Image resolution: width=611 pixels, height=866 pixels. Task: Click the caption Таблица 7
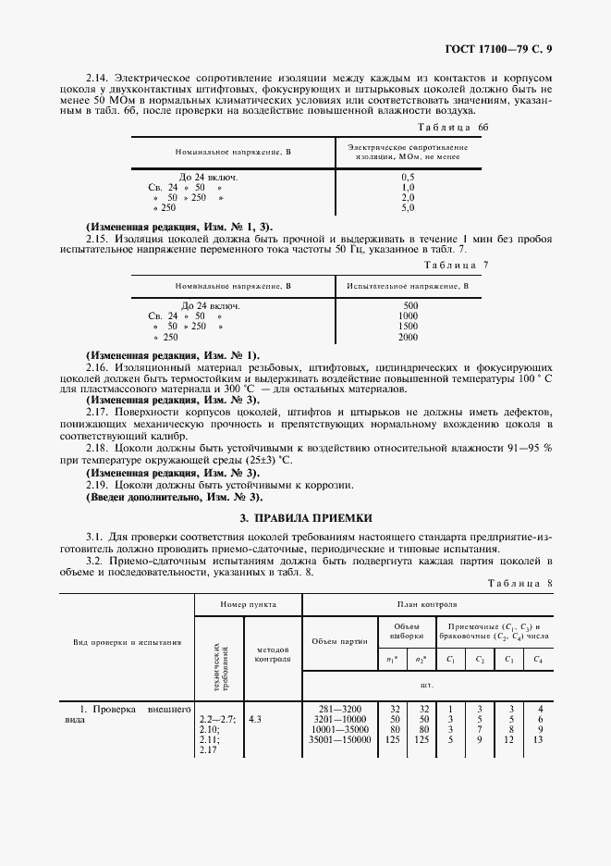click(458, 266)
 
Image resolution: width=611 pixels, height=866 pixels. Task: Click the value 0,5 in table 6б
click(409, 176)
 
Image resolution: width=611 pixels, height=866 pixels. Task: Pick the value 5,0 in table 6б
click(409, 208)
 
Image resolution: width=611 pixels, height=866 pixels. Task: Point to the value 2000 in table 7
click(409, 338)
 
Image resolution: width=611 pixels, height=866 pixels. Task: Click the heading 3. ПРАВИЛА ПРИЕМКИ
click(304, 518)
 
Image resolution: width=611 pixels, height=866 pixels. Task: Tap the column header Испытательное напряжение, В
click(408, 286)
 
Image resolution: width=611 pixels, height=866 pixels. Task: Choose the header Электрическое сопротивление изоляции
click(408, 152)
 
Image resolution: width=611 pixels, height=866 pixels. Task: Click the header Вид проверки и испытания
click(128, 641)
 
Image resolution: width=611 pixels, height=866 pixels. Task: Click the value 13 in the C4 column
click(536, 739)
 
